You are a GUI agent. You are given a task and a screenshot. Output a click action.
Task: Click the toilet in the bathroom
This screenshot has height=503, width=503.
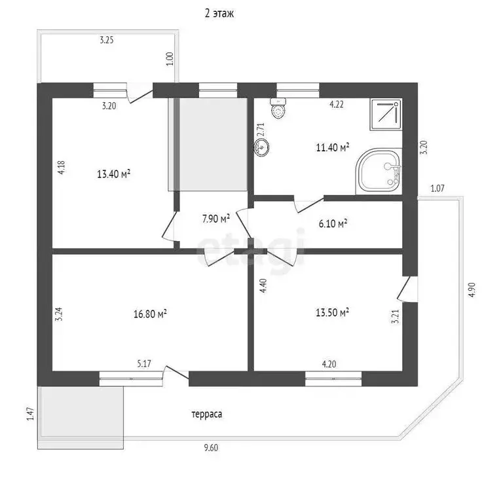coord(278,109)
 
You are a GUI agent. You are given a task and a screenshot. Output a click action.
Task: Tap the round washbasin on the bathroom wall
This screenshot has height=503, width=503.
coord(261,147)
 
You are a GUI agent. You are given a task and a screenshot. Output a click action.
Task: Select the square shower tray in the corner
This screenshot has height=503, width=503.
coord(386,114)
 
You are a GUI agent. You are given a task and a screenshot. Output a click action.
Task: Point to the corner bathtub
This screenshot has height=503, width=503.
coord(379,171)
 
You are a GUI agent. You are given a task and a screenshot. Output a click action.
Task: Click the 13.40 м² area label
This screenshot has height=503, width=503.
coord(113,174)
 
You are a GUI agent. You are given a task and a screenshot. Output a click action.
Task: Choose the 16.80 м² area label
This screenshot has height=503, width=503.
coord(150,314)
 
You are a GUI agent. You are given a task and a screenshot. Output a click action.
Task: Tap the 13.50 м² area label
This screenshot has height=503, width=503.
coord(332,312)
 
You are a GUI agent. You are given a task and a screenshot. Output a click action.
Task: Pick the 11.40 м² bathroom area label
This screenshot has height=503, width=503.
coord(333,147)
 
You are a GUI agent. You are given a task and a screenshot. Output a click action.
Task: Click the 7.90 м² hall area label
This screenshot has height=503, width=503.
coord(216,219)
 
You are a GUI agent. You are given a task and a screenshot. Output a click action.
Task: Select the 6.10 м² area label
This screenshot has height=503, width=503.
coord(333,223)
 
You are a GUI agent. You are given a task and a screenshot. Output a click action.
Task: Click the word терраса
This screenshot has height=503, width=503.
coord(207,414)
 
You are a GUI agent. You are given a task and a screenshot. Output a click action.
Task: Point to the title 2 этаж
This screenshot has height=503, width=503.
coord(219,13)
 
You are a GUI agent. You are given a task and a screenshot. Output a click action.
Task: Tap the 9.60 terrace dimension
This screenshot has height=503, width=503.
coord(211,447)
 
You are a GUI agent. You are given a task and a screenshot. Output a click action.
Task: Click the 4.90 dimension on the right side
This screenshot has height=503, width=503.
coord(472,289)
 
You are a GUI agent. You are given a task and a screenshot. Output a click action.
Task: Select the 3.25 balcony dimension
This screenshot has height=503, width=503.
coord(107,40)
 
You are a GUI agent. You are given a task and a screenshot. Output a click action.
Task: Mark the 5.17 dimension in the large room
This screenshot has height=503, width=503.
coord(144,363)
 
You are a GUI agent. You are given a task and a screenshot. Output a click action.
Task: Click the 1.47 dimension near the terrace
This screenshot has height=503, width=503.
coord(30,414)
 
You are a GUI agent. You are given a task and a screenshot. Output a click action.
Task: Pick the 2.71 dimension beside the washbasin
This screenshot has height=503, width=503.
coord(260,130)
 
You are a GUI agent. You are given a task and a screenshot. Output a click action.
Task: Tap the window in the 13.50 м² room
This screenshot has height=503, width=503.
coord(333,379)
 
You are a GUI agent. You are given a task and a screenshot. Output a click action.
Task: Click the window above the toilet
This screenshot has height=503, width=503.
coord(298,90)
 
